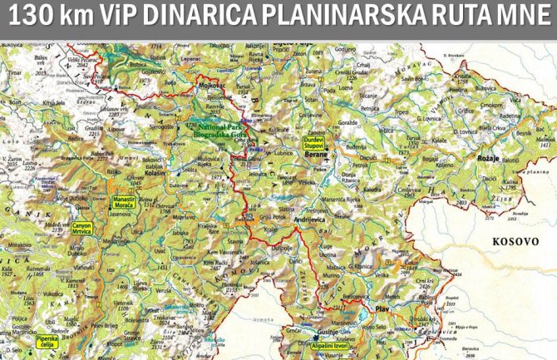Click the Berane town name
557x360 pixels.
click(x=317, y=155)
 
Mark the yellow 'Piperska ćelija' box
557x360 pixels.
click(x=47, y=343)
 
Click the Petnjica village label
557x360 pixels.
click(x=369, y=107)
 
